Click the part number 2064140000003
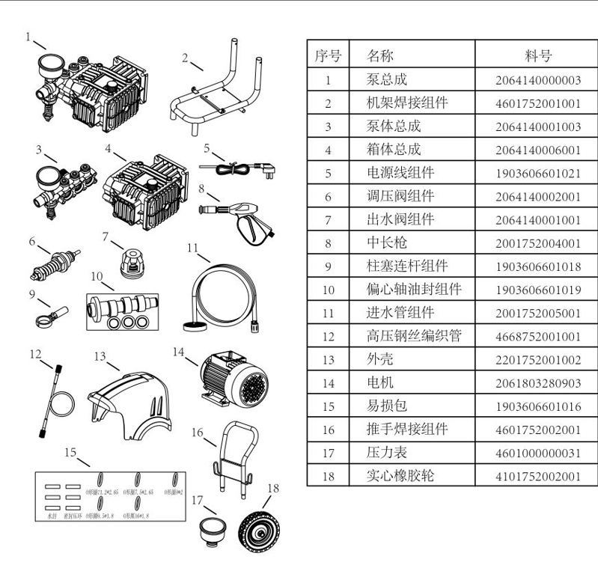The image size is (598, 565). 537,80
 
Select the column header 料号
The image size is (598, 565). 537,55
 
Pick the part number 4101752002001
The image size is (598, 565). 537,476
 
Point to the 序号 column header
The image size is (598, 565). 328,55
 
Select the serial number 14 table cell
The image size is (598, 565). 328,382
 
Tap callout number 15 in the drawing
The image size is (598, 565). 70,452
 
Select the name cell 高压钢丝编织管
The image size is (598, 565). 408,336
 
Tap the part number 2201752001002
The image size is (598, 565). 537,359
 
